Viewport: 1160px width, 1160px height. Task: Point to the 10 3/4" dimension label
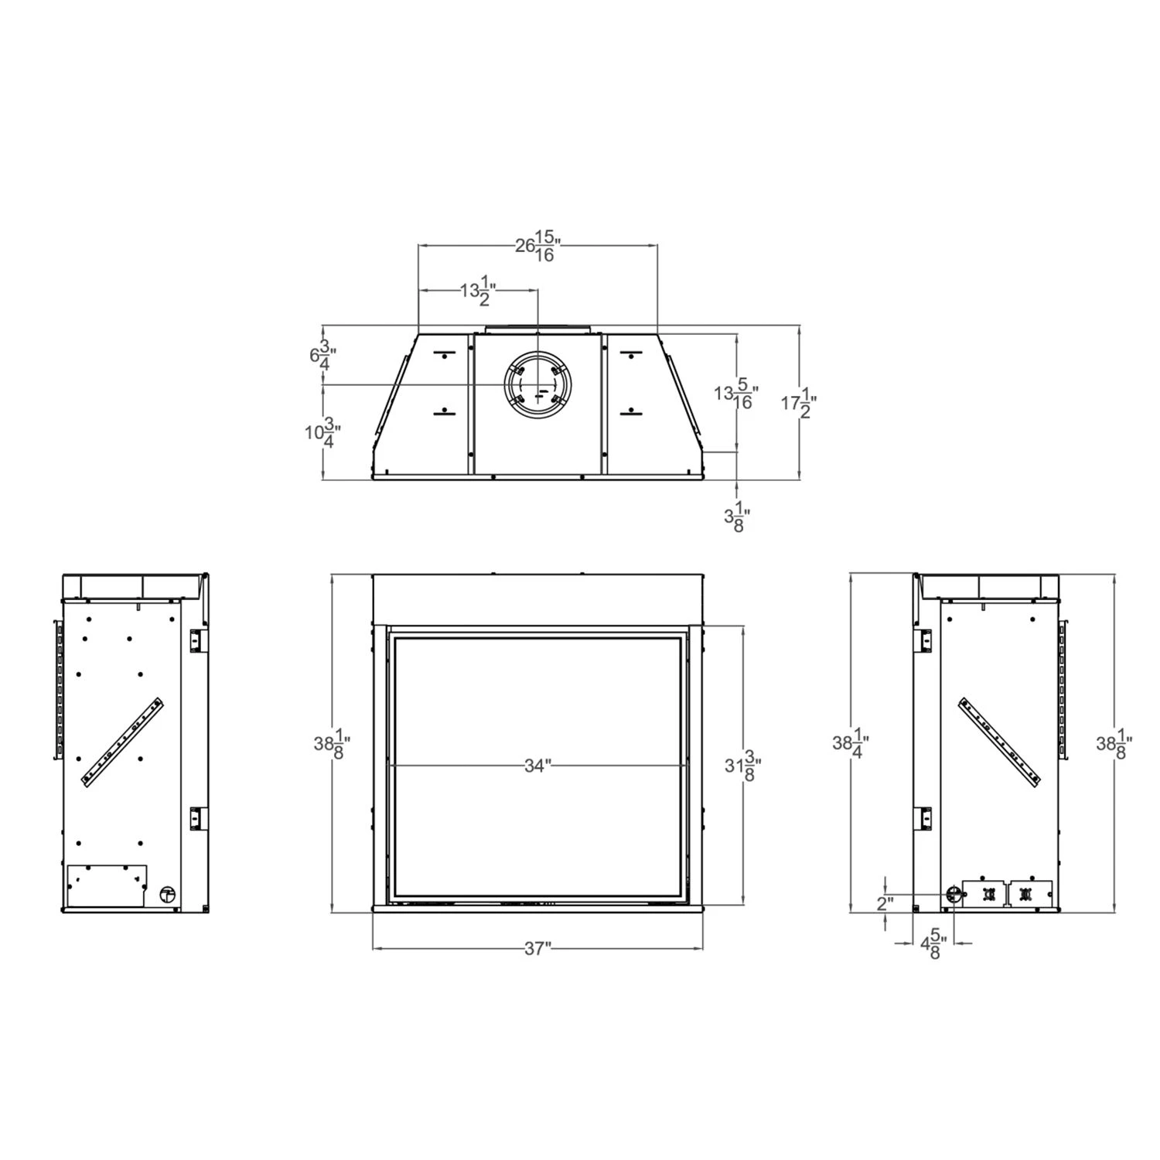coord(322,432)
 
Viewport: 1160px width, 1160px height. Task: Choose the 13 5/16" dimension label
coord(735,394)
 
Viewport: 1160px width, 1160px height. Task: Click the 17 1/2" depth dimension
coord(798,403)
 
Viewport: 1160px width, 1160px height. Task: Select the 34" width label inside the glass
coord(537,766)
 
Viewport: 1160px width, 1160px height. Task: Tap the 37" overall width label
coord(537,949)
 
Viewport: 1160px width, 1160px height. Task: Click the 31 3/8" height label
coord(742,766)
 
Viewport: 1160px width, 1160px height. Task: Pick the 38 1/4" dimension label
coord(851,743)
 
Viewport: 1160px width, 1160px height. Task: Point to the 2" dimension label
coord(885,903)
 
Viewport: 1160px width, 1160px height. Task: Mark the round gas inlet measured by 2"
coord(954,894)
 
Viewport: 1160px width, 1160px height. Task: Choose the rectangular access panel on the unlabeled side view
coord(107,885)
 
